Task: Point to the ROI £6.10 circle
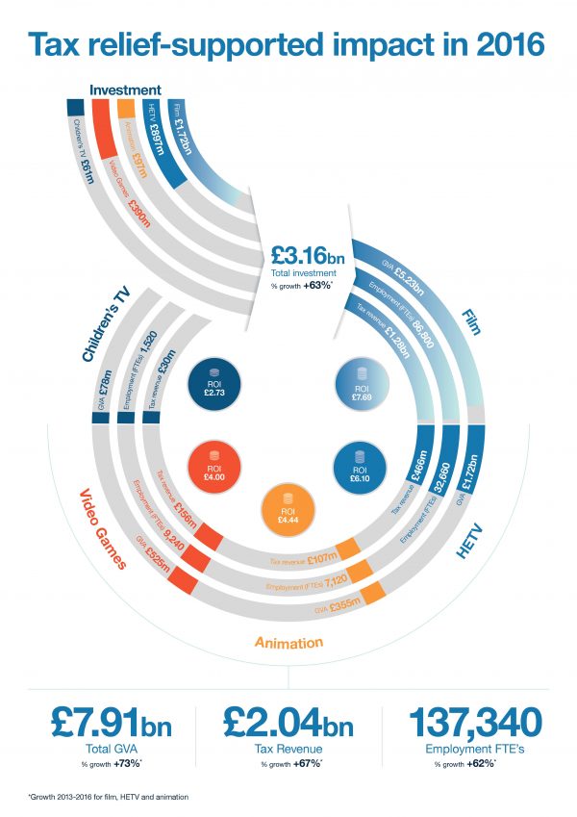point(360,465)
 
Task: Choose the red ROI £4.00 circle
point(215,465)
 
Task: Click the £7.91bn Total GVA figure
point(98,721)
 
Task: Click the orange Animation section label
point(288,642)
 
